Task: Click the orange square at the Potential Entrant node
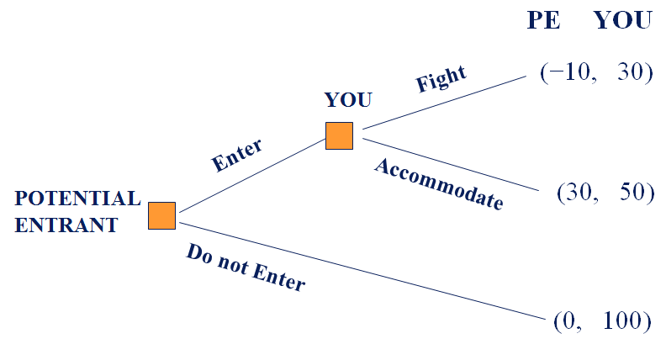point(161,215)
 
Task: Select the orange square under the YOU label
point(339,135)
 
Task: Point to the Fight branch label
point(441,79)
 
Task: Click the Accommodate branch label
point(438,183)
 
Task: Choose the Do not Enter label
point(245,268)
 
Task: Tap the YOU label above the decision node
point(348,99)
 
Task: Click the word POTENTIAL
point(77,199)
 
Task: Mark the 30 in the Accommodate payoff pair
point(579,192)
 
